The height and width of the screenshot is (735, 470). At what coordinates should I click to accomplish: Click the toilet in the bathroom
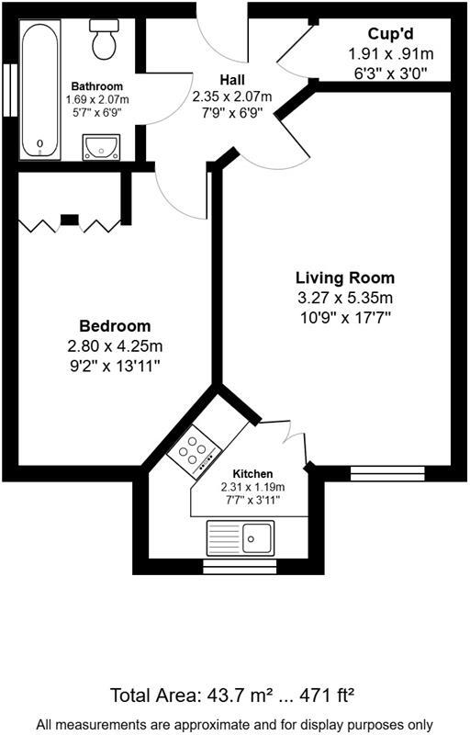(103, 38)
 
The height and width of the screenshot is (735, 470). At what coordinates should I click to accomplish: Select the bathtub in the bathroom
(40, 89)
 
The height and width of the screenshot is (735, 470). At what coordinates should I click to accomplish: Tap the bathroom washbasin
(100, 145)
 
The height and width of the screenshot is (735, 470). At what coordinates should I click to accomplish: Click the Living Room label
(345, 277)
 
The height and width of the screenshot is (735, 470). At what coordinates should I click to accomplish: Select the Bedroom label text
(115, 326)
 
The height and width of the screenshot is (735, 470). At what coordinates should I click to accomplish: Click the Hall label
(231, 80)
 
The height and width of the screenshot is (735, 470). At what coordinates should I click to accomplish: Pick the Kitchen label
(252, 473)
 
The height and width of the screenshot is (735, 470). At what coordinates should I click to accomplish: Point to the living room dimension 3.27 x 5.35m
(345, 298)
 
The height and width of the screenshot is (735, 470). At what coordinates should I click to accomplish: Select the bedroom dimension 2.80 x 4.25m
(115, 346)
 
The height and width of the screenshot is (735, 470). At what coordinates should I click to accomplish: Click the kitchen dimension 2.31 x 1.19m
(252, 487)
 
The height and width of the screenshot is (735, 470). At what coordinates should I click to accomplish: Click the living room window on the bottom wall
(387, 473)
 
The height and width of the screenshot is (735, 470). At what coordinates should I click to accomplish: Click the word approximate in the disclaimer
(207, 724)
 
